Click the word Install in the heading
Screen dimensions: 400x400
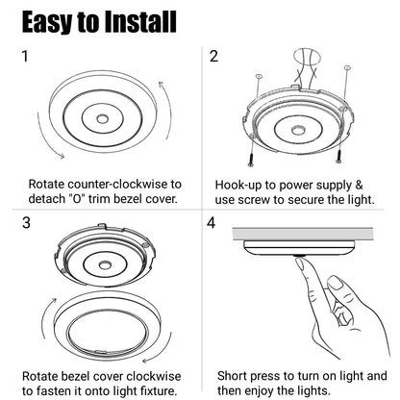pyautogui.click(x=140, y=22)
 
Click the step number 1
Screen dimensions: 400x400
pyautogui.click(x=25, y=56)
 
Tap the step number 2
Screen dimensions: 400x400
pyautogui.click(x=213, y=56)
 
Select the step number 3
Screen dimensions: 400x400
pyautogui.click(x=26, y=223)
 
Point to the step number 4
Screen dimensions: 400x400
pyautogui.click(x=211, y=223)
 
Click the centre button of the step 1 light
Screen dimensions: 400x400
pyautogui.click(x=102, y=118)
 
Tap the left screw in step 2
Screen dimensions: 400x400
pyautogui.click(x=251, y=161)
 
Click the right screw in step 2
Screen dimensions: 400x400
pyautogui.click(x=337, y=158)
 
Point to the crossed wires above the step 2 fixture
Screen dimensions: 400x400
pyautogui.click(x=306, y=75)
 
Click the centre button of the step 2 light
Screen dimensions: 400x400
pyautogui.click(x=298, y=130)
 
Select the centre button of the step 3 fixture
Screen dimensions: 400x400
pyautogui.click(x=105, y=264)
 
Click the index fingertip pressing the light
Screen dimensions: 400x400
pyautogui.click(x=300, y=262)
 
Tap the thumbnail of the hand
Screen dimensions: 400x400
pyautogui.click(x=336, y=284)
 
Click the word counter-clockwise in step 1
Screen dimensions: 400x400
pyautogui.click(x=120, y=185)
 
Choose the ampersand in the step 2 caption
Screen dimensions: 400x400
pyautogui.click(x=359, y=185)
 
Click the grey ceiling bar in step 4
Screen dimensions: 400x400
pyautogui.click(x=302, y=235)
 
